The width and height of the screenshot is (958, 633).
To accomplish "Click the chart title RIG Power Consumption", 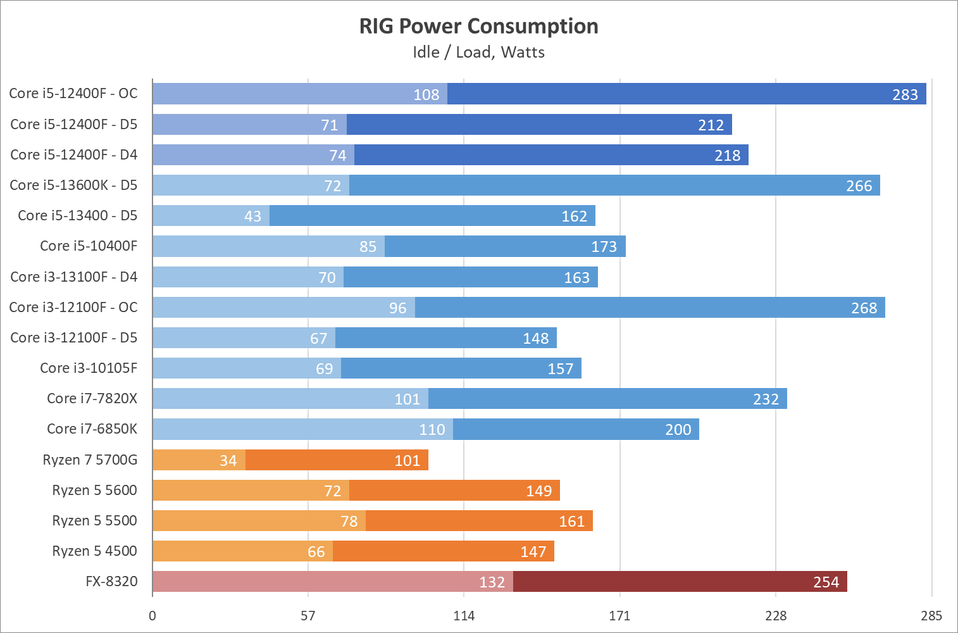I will [x=478, y=26].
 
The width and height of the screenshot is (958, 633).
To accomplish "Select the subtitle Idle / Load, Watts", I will [x=478, y=52].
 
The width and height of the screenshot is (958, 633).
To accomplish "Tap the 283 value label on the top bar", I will [x=905, y=94].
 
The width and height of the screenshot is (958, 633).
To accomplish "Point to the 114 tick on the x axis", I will [x=464, y=615].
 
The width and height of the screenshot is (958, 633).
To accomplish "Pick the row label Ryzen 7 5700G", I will [x=90, y=460].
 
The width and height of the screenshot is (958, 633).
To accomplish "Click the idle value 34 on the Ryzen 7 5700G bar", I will [x=228, y=460].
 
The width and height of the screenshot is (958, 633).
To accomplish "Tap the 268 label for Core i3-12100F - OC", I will [x=864, y=308].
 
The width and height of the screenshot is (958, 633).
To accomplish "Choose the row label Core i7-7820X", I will [x=92, y=398].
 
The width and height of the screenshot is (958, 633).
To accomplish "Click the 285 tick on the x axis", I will [x=931, y=615].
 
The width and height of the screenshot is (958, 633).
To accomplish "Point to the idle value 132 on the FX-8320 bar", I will [x=492, y=582].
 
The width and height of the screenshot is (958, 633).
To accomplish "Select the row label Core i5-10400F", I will [x=89, y=246].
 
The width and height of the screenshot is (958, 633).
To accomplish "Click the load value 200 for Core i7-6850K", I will [x=678, y=430].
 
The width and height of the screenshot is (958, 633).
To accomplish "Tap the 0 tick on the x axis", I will [x=152, y=615].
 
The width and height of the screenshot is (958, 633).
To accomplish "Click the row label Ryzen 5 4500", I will [x=94, y=551].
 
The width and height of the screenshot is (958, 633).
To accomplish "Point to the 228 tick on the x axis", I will [x=776, y=615].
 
